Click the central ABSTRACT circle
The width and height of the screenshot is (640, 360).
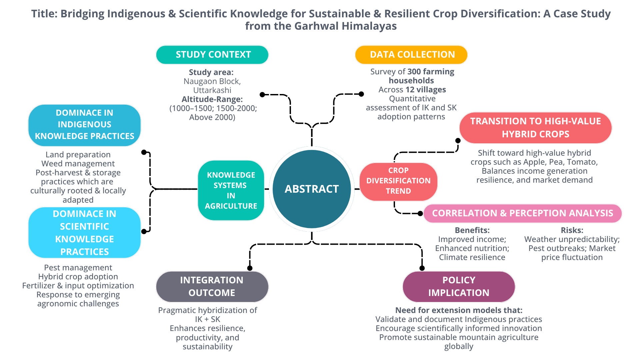[312, 189]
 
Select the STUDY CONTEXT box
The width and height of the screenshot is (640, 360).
[212, 55]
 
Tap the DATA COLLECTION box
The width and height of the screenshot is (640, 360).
[411, 55]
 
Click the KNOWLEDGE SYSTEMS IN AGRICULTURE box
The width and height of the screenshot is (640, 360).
[231, 190]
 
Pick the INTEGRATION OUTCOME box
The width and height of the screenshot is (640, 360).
[212, 287]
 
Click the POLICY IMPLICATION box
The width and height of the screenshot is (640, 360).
[459, 287]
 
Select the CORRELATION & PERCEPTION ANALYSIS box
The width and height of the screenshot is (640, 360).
[522, 213]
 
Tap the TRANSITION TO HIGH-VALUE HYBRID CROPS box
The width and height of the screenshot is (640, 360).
[535, 128]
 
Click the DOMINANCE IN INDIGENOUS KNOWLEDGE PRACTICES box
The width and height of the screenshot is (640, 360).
[84, 125]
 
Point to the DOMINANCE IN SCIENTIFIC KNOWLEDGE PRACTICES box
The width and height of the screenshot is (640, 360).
[84, 233]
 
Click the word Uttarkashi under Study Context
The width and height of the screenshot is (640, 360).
[212, 90]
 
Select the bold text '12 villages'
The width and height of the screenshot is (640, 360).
[426, 90]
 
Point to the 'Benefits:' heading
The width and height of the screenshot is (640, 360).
[472, 230]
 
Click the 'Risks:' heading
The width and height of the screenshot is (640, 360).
[572, 230]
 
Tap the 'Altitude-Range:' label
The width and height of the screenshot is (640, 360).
[212, 99]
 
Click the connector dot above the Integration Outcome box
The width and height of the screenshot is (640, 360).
[250, 268]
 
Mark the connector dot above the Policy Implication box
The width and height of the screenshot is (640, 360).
[422, 268]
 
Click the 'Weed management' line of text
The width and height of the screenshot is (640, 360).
[78, 164]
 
